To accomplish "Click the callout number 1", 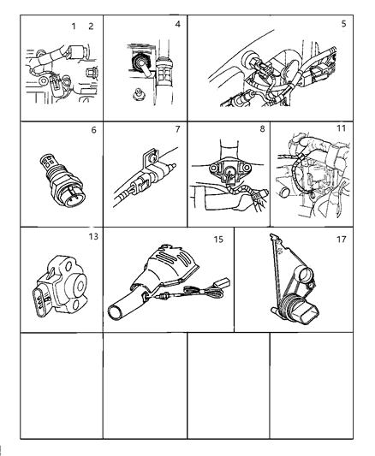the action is [74, 27].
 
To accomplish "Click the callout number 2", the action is [91, 27].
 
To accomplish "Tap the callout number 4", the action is [178, 24].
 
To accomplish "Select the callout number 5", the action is [344, 24].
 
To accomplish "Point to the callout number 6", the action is [93, 130].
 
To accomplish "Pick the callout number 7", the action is [178, 129].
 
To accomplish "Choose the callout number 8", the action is [262, 129].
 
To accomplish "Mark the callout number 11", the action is [341, 128].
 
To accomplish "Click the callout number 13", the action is [93, 237].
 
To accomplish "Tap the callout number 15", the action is [218, 240].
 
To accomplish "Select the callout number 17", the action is [342, 240].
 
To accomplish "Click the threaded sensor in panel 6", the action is [62, 181].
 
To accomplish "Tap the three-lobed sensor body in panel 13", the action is [62, 286].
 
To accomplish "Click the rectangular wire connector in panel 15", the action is [223, 282].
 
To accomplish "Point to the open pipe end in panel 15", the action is [116, 312].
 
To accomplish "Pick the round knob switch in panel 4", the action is [140, 63].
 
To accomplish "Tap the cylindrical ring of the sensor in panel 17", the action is [306, 274].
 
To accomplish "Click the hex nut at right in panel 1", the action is [92, 73].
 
